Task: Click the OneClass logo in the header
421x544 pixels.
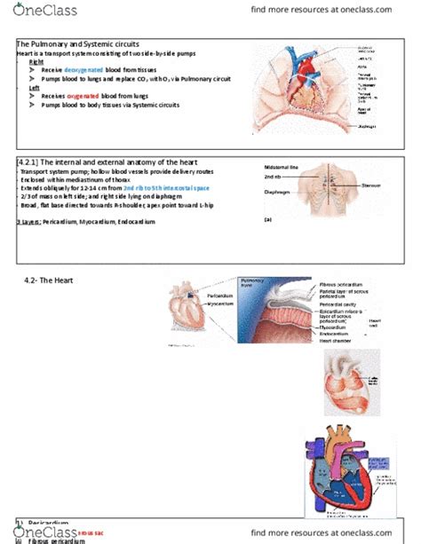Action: pos(45,11)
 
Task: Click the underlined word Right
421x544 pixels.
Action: pos(36,61)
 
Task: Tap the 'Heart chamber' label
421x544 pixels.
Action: pos(338,340)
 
